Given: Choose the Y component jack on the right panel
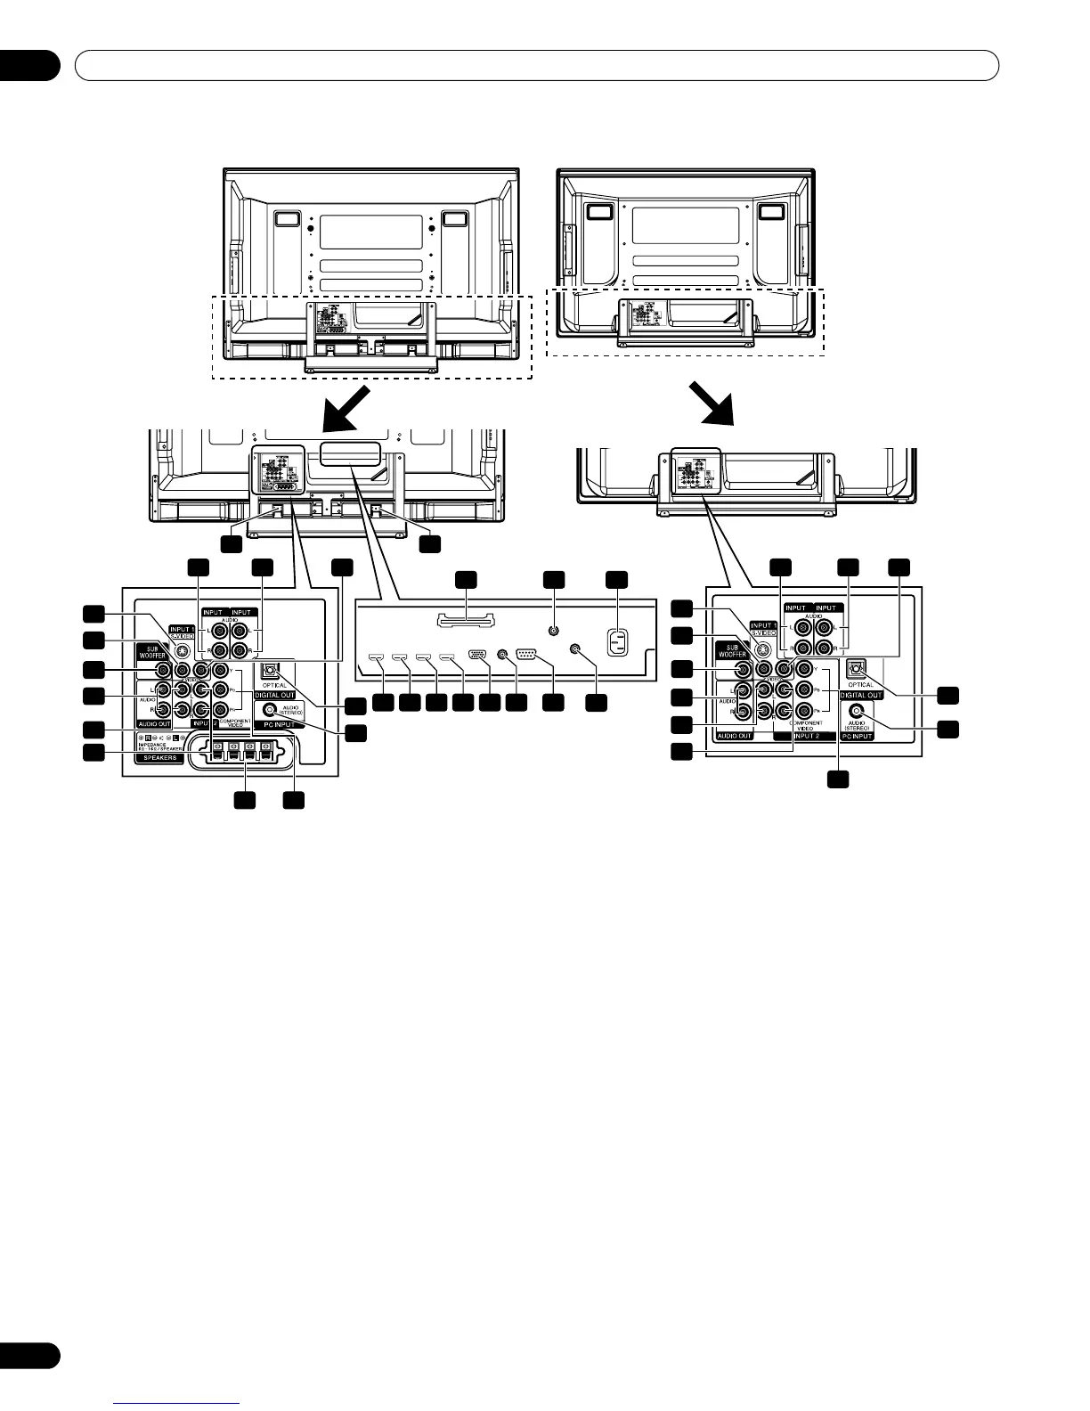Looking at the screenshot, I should click(x=804, y=669).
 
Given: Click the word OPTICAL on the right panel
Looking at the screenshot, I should click(x=859, y=684).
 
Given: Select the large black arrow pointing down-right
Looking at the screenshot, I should click(x=718, y=404).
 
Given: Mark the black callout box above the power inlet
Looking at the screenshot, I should click(x=616, y=581).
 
